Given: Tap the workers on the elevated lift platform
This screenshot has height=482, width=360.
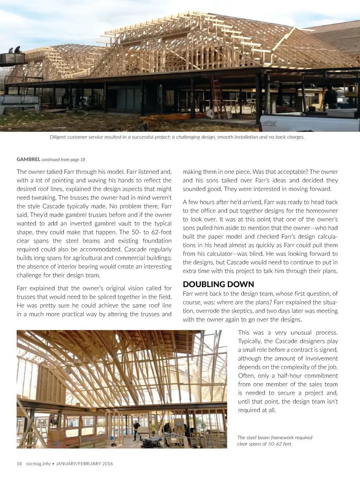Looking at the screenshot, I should click(x=14, y=50).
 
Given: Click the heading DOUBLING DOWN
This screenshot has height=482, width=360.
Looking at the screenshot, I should click(x=218, y=284).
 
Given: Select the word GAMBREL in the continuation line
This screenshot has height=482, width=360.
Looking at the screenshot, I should click(x=28, y=159).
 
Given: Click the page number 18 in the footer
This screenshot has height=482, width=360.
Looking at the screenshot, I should click(x=19, y=463).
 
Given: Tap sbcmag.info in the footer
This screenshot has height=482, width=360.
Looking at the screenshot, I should click(x=38, y=463).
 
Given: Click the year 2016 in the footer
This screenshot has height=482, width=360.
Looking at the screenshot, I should click(x=108, y=463).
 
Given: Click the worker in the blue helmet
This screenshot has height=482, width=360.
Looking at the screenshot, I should click(x=136, y=429).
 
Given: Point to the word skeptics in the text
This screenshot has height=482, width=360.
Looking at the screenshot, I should click(x=242, y=311).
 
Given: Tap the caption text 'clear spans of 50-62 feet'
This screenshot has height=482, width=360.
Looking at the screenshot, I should click(x=264, y=444).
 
